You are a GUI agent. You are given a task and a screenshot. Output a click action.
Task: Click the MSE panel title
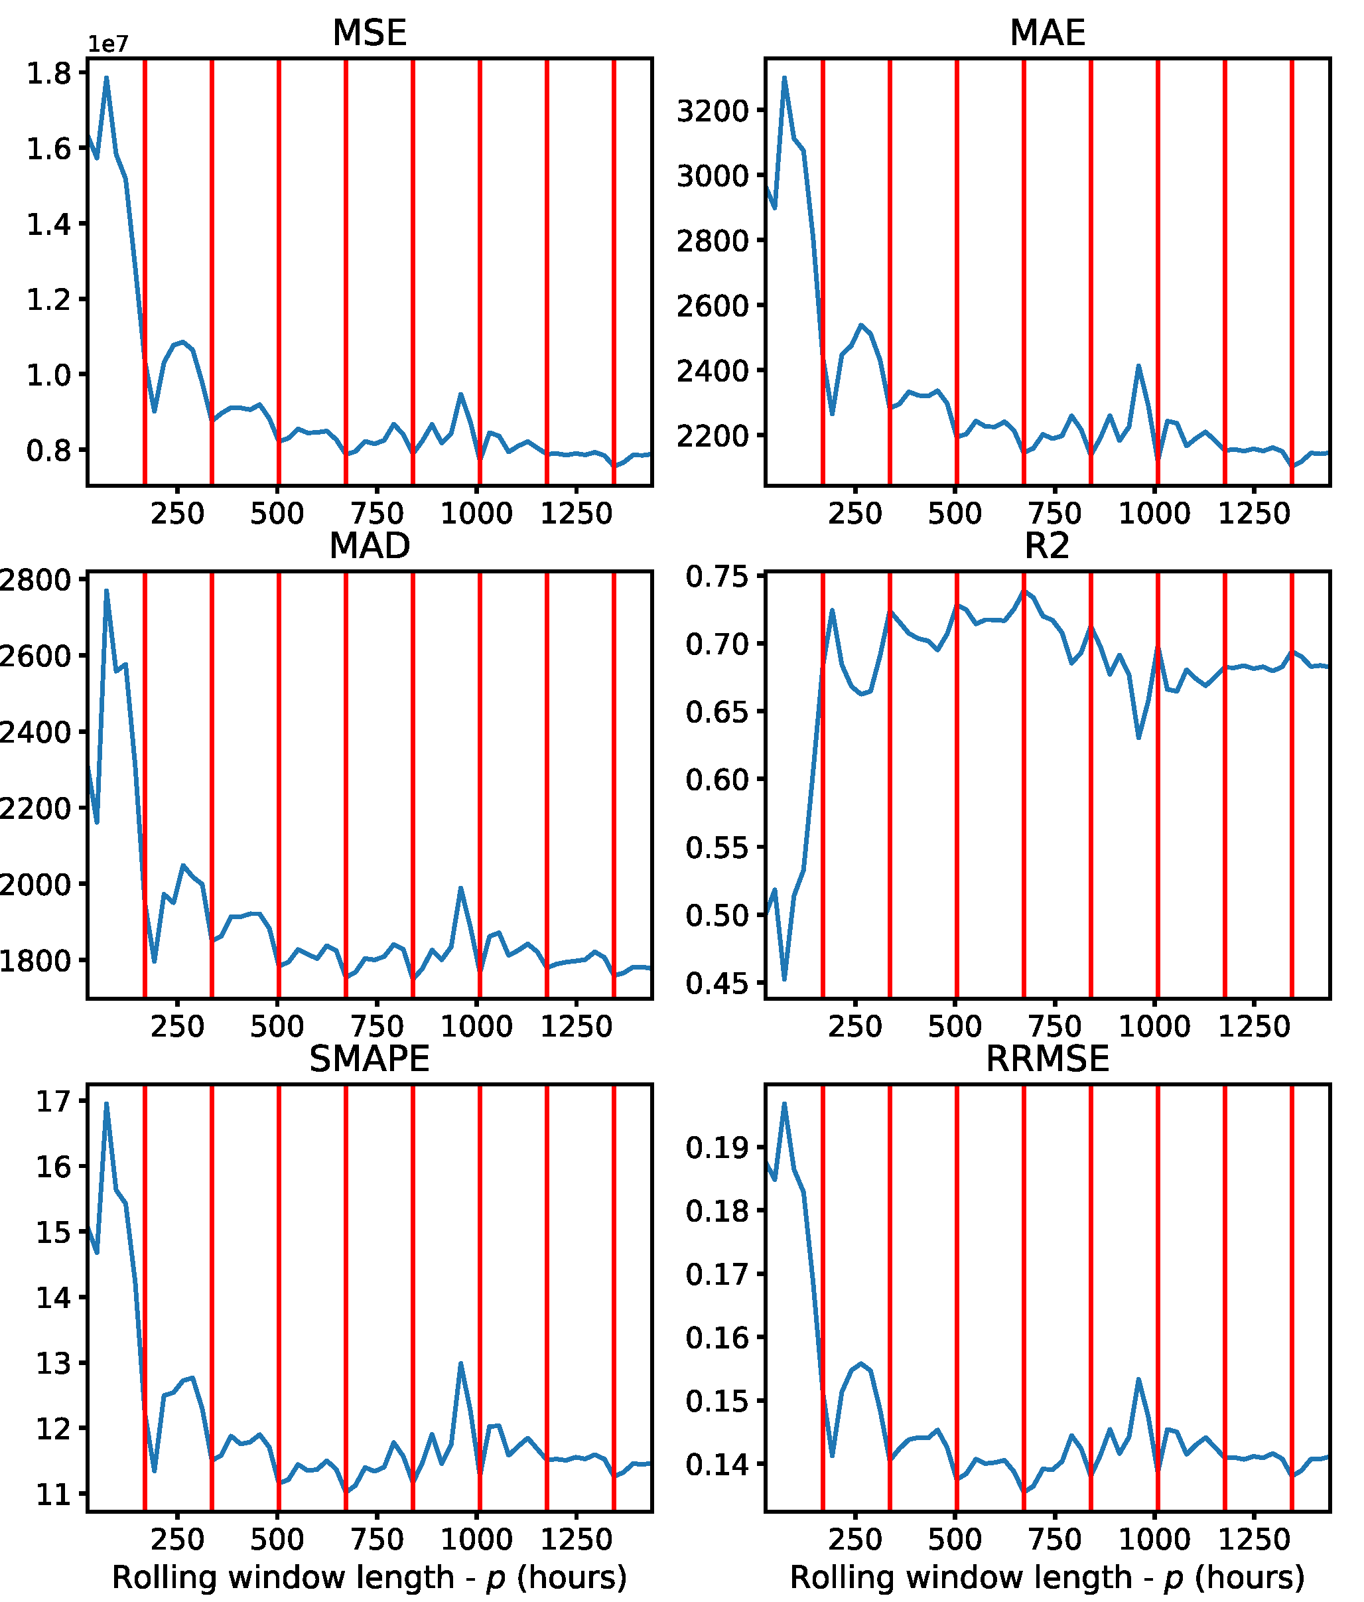pyautogui.click(x=370, y=33)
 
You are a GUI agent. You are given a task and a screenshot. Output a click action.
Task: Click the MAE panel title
pyautogui.click(x=1047, y=33)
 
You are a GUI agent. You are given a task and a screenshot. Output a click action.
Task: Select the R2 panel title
pyautogui.click(x=1046, y=546)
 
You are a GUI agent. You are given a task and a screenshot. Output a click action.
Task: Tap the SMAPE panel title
pyautogui.click(x=370, y=1058)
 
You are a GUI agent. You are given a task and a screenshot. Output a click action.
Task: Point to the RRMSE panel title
pyautogui.click(x=1047, y=1058)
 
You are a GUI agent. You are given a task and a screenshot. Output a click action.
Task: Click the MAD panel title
pyautogui.click(x=370, y=546)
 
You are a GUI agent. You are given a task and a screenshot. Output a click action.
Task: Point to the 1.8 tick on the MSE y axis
pyautogui.click(x=48, y=74)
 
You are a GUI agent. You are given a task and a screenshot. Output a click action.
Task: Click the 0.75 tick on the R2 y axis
pyautogui.click(x=717, y=577)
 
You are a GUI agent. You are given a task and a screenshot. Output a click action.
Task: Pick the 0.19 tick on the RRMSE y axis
pyautogui.click(x=717, y=1148)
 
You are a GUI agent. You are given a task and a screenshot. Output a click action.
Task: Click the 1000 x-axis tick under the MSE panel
pyautogui.click(x=476, y=514)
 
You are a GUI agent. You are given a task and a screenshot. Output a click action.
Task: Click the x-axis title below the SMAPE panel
pyautogui.click(x=370, y=1577)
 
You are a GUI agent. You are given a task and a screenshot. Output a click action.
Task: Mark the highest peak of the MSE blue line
pyautogui.click(x=107, y=78)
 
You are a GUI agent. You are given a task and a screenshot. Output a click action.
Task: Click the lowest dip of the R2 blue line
pyautogui.click(x=784, y=980)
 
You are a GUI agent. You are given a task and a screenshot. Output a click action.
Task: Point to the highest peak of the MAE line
pyautogui.click(x=784, y=78)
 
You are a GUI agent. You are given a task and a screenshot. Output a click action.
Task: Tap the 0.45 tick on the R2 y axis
pyautogui.click(x=717, y=983)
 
